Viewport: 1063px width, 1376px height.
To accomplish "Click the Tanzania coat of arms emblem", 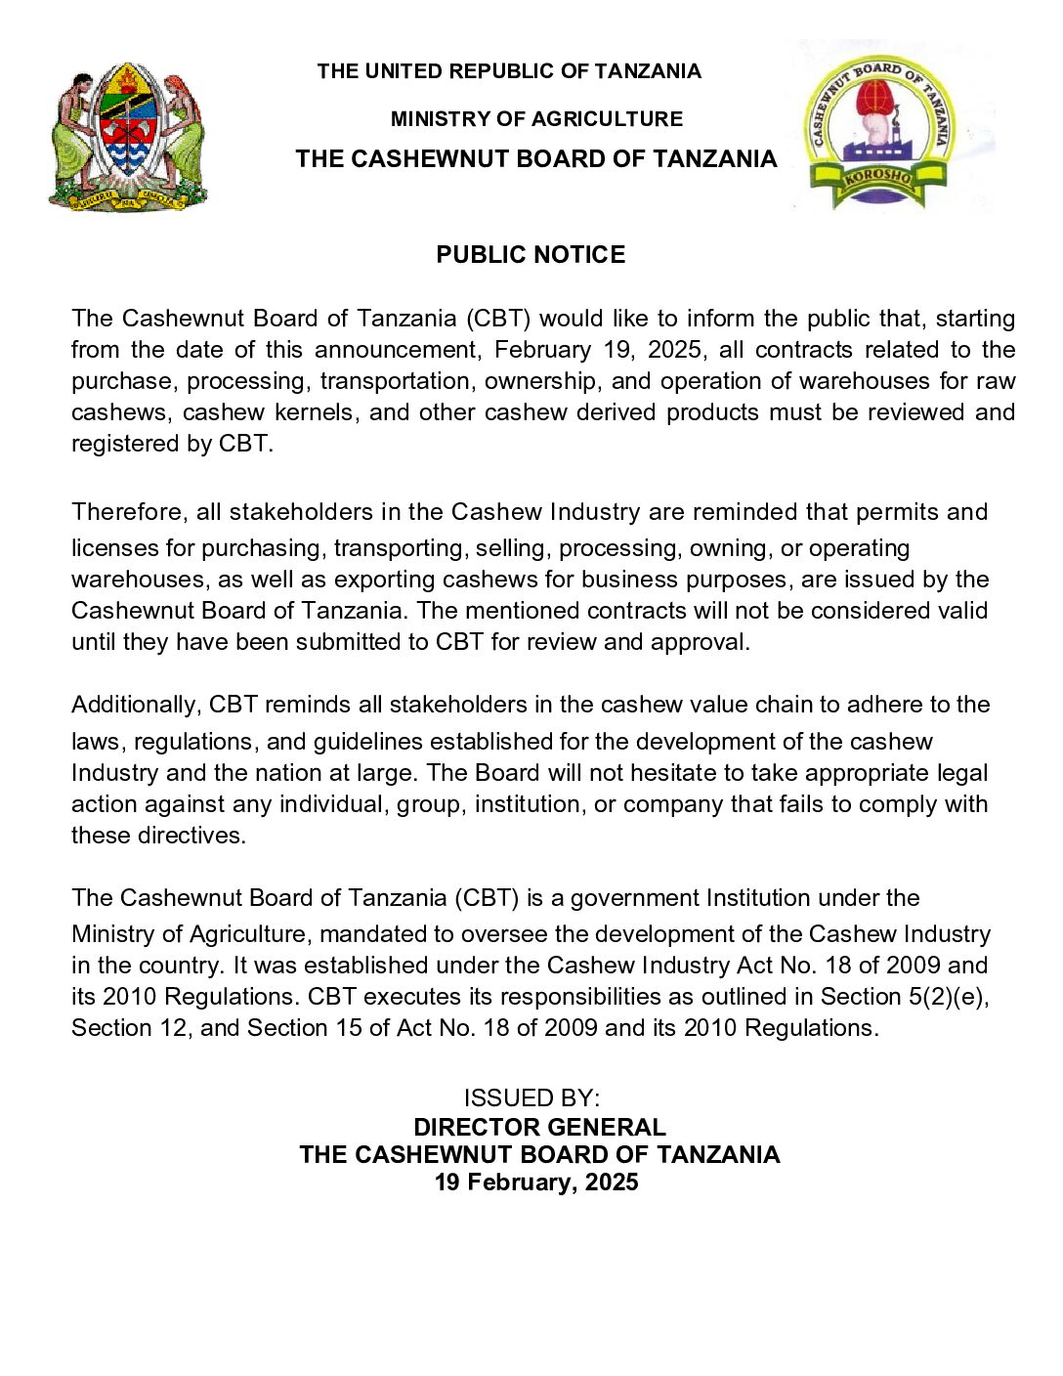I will coord(128,136).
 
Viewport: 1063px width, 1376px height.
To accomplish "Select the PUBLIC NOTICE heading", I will coord(531,255).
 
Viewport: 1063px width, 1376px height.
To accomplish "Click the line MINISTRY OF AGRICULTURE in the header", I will coord(536,119).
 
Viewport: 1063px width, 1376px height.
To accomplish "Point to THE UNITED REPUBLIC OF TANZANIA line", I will coord(509,71).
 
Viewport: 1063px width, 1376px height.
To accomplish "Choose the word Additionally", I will coord(136,705).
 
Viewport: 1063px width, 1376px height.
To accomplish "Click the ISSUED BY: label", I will coord(531,1098).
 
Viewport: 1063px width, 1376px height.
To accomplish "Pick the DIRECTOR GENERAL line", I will coord(539,1127).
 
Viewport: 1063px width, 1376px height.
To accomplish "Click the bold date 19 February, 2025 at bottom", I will coord(536,1182).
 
